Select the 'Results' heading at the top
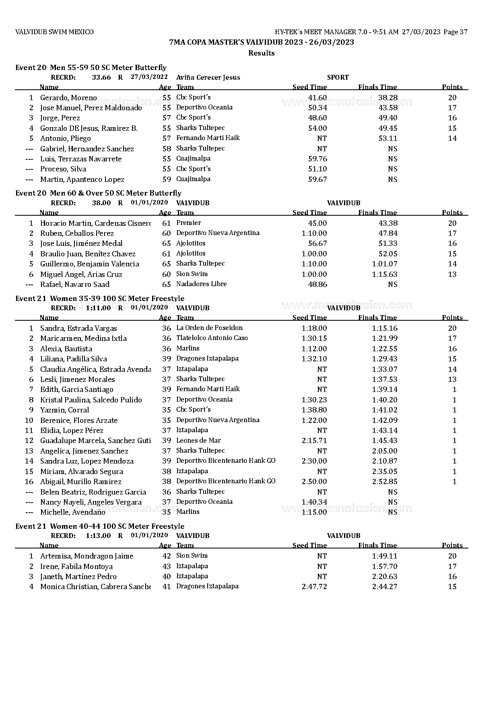click(261, 53)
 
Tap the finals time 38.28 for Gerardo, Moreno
click(388, 97)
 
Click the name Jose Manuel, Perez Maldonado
click(91, 108)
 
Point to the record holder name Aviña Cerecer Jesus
click(208, 78)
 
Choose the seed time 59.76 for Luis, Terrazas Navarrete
click(317, 159)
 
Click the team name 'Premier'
click(189, 223)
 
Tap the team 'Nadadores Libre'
click(201, 284)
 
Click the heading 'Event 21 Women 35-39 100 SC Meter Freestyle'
click(100, 299)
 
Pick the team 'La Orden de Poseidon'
click(209, 328)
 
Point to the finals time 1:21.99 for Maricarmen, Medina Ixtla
click(384, 338)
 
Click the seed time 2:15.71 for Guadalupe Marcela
click(314, 441)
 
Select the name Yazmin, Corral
click(64, 410)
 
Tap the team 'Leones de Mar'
click(198, 441)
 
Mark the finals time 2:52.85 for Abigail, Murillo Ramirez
click(384, 482)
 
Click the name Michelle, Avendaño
click(72, 512)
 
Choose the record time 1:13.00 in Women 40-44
click(98, 536)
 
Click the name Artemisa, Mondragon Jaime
click(87, 556)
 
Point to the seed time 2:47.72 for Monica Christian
click(314, 587)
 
